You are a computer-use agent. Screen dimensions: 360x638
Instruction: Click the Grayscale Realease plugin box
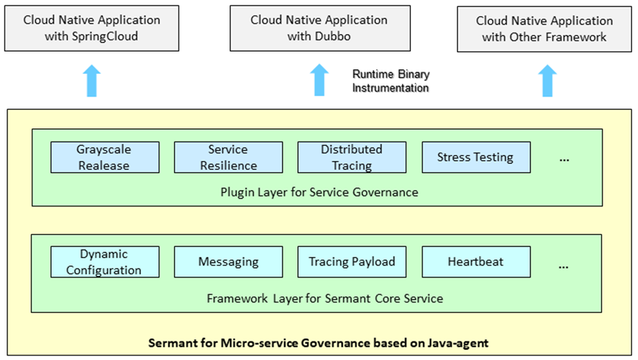[105, 157]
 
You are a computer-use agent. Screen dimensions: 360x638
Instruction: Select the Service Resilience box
[228, 157]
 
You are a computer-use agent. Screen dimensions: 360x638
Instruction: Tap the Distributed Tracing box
[351, 157]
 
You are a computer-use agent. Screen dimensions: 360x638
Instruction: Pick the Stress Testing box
[475, 157]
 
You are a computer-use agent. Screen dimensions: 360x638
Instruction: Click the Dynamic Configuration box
[105, 262]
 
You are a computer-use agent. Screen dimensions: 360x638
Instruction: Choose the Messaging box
[228, 262]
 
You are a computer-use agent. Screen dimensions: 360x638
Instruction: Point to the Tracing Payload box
[351, 262]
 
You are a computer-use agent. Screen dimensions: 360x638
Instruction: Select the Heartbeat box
[475, 262]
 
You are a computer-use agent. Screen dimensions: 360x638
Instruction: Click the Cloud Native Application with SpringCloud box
[91, 28]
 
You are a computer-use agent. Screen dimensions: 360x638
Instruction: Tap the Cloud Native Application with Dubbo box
[320, 28]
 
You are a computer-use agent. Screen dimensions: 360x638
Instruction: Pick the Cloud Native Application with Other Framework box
[544, 29]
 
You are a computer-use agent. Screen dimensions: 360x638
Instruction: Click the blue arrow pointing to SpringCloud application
[91, 80]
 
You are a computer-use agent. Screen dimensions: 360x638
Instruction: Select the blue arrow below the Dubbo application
[319, 80]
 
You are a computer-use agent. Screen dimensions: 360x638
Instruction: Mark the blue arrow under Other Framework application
[546, 80]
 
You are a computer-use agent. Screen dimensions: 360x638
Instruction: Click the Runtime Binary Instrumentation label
[390, 81]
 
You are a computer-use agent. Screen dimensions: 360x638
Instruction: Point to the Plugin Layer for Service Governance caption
[319, 193]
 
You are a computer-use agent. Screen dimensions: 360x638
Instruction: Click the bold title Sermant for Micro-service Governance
[318, 343]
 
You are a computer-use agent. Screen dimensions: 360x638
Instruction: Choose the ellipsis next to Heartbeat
[564, 264]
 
